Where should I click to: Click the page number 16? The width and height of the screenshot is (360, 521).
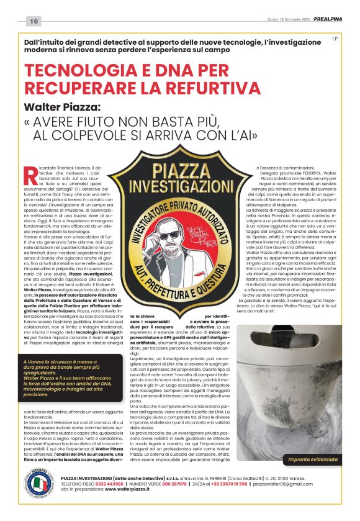(34, 22)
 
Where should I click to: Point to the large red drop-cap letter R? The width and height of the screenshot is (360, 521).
(30, 176)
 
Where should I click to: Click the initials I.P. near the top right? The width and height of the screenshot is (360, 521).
(334, 39)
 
